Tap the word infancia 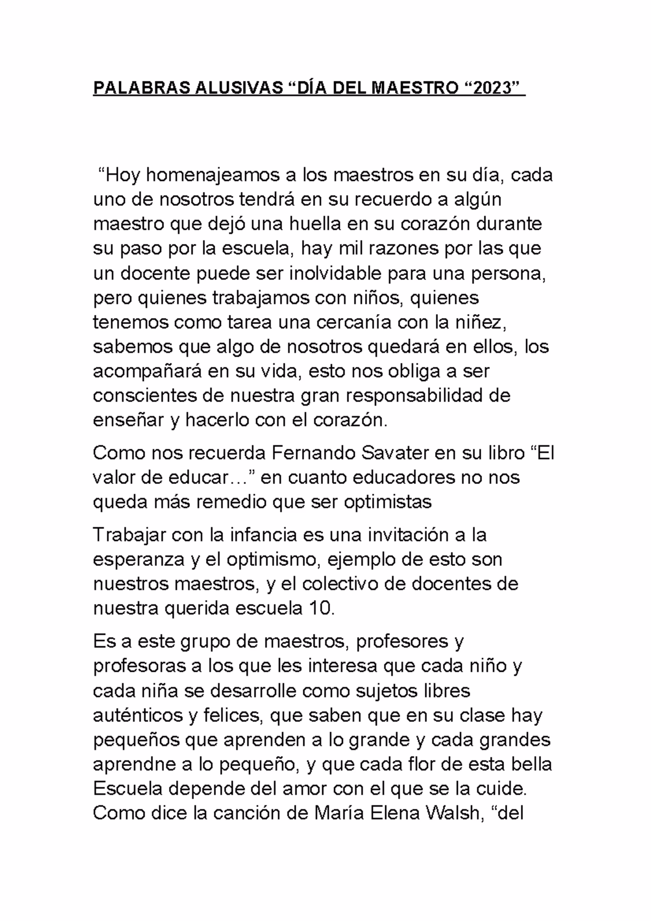(x=261, y=535)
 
